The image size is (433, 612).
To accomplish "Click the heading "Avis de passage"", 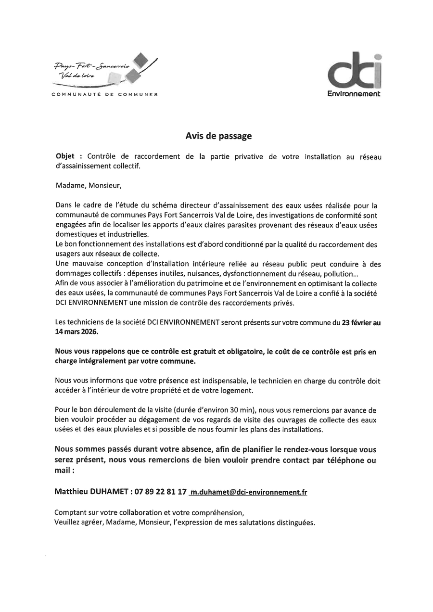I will pyautogui.click(x=218, y=136).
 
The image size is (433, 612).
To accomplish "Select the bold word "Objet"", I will pyautogui.click(x=65, y=157).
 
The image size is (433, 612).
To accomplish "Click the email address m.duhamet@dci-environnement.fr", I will pyautogui.click(x=248, y=492).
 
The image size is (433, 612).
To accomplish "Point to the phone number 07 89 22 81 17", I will pyautogui.click(x=161, y=492).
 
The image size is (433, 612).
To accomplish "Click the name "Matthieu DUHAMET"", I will pyautogui.click(x=90, y=492).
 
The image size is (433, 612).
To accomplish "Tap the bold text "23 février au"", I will pyautogui.click(x=361, y=323).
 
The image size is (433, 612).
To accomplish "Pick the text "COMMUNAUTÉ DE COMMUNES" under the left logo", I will pyautogui.click(x=104, y=94).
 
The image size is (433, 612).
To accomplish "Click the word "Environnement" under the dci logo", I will pyautogui.click(x=354, y=93).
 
